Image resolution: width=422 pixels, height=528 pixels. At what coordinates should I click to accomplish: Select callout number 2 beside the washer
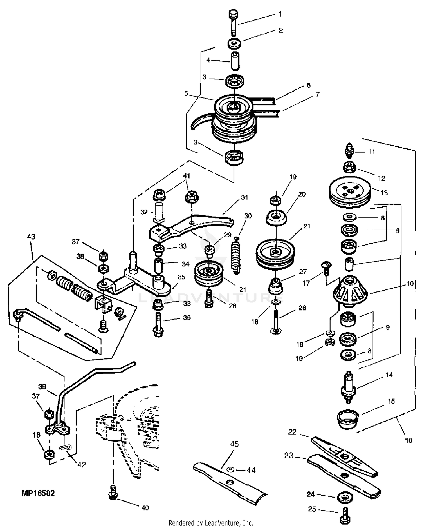click(281, 30)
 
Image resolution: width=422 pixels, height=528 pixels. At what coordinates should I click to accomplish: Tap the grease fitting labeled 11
click(349, 151)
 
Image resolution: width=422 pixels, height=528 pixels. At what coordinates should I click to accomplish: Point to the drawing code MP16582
click(38, 493)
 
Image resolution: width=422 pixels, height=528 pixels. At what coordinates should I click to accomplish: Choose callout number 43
click(31, 237)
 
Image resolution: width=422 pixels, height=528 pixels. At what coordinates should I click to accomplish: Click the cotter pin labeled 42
click(65, 447)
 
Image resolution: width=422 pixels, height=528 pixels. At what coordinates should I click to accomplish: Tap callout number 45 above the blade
click(234, 444)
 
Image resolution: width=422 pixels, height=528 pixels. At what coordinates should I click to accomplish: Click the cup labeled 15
click(348, 419)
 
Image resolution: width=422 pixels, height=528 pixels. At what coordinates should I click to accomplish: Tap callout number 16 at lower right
click(408, 440)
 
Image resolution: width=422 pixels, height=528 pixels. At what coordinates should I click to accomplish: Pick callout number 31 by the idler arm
click(244, 197)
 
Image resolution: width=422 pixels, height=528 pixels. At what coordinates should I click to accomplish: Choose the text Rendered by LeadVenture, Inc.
click(211, 523)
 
